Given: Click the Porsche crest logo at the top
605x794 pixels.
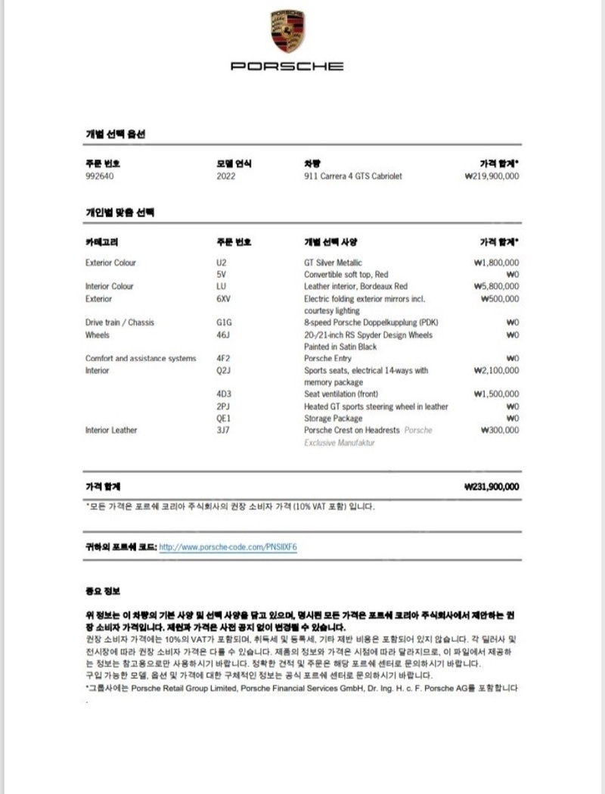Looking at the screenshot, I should pyautogui.click(x=287, y=32).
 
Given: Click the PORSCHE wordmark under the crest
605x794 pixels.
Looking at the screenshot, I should pyautogui.click(x=287, y=66).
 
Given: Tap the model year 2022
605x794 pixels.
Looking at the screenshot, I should pyautogui.click(x=225, y=176).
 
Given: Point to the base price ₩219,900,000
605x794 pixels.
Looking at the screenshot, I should pyautogui.click(x=492, y=176).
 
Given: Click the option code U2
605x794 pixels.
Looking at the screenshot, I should pyautogui.click(x=221, y=263).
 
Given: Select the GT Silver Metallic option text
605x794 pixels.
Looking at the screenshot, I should pyautogui.click(x=333, y=263).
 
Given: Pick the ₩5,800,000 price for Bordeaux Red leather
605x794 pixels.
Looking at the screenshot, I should pyautogui.click(x=495, y=287).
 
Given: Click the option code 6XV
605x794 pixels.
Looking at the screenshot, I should pyautogui.click(x=223, y=299).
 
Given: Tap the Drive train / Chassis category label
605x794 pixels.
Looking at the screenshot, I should pyautogui.click(x=119, y=323).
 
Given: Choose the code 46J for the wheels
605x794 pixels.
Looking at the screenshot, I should pyautogui.click(x=222, y=335).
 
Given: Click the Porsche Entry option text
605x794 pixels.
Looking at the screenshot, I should pyautogui.click(x=328, y=359).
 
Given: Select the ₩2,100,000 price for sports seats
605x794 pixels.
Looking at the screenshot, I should pyautogui.click(x=495, y=371).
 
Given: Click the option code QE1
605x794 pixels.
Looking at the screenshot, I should pyautogui.click(x=223, y=419).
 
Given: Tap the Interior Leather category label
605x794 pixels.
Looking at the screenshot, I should pyautogui.click(x=111, y=431).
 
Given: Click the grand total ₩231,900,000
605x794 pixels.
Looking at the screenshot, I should pyautogui.click(x=492, y=487).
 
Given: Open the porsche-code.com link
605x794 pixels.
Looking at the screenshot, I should pyautogui.click(x=228, y=546).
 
